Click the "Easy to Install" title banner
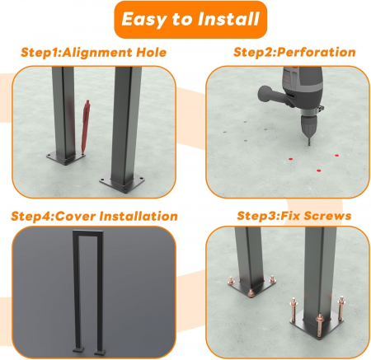tap(190, 20)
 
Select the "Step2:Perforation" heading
tap(294, 52)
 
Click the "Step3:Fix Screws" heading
tap(294, 216)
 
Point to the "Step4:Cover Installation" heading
tap(94, 216)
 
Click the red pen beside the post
tap(85, 127)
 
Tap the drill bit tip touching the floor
tap(309, 144)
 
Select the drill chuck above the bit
tap(308, 126)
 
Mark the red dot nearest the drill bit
tap(291, 159)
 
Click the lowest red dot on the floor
tap(318, 171)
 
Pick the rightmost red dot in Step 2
tap(336, 156)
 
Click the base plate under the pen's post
tap(66, 158)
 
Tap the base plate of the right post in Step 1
tap(122, 184)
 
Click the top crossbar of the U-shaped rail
tap(88, 232)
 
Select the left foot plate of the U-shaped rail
tap(77, 350)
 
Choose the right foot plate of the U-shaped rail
tap(100, 352)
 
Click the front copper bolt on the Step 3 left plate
tap(250, 292)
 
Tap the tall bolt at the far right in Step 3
tap(341, 308)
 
